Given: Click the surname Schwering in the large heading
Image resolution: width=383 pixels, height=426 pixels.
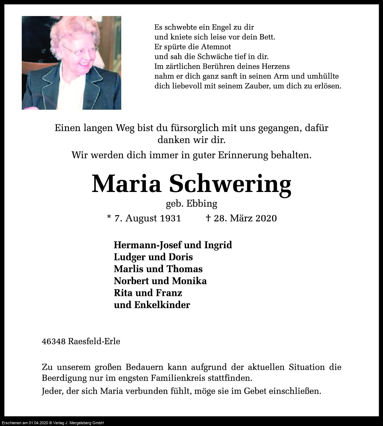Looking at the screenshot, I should point(230,184).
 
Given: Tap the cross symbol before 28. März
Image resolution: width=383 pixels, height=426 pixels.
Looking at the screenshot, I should point(208,218).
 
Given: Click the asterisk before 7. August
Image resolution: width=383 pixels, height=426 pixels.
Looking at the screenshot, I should point(109,217).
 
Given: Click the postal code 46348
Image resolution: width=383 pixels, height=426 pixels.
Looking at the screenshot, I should point(53,341).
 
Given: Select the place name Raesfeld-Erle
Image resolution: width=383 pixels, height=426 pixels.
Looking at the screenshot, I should point(94,341).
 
